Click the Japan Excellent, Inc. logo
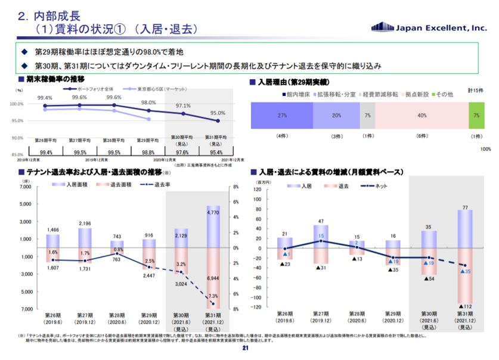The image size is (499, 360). click(x=429, y=26)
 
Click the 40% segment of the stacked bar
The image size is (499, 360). click(x=421, y=115)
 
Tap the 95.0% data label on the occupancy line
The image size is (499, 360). click(x=218, y=113)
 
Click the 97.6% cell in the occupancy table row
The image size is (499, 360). click(x=183, y=152)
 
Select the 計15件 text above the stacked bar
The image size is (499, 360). click(x=475, y=89)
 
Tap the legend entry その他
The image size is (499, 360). click(x=444, y=94)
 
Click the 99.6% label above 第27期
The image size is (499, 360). click(x=79, y=98)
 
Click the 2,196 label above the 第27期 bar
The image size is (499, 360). click(x=85, y=224)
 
